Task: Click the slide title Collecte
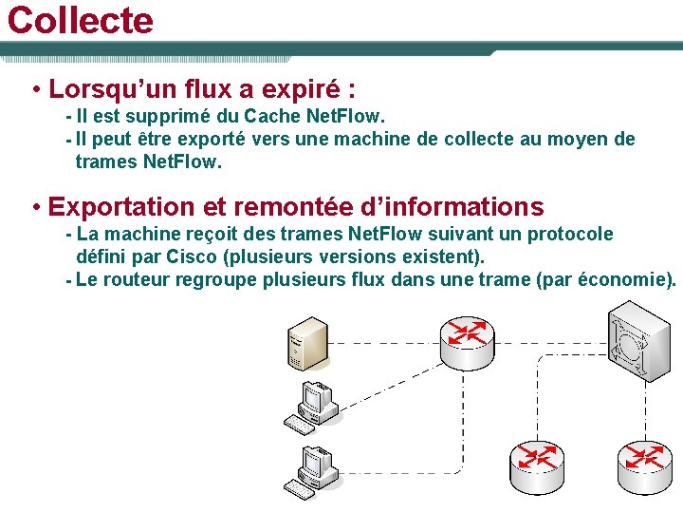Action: pos(80,20)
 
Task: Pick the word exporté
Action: pos(208,140)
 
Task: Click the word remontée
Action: pos(274,206)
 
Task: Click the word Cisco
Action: pos(191,256)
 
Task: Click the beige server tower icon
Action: pos(306,343)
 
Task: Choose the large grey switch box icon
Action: pos(638,341)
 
